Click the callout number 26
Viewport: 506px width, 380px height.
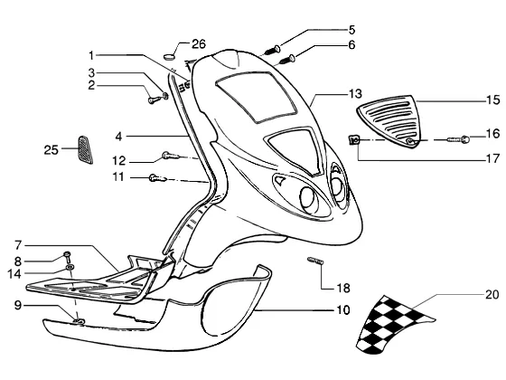click(x=199, y=44)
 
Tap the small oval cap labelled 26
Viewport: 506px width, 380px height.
click(x=169, y=57)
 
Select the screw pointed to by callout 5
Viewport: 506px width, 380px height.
click(x=272, y=50)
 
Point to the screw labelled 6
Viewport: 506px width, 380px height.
click(x=287, y=59)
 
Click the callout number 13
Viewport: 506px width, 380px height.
click(x=355, y=94)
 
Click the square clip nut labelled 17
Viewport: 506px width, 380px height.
click(x=354, y=140)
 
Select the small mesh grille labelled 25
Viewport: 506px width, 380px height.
click(x=86, y=149)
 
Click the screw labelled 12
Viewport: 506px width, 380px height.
click(x=171, y=157)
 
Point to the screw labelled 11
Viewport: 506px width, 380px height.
click(x=158, y=177)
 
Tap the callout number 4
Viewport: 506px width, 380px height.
click(x=118, y=137)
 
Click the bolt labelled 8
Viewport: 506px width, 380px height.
click(x=68, y=256)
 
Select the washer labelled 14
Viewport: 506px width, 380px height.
click(x=70, y=268)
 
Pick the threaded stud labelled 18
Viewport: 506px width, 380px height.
click(x=315, y=261)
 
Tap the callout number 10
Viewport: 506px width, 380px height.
click(x=343, y=310)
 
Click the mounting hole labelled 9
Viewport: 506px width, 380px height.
click(x=79, y=320)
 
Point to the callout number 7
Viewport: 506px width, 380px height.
click(x=18, y=245)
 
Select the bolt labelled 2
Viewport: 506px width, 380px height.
click(x=154, y=100)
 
